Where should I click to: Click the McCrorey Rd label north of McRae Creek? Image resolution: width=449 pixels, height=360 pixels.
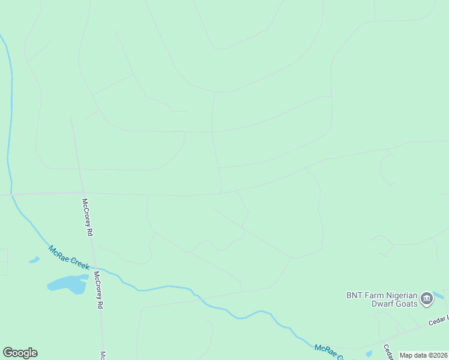coord(88,217)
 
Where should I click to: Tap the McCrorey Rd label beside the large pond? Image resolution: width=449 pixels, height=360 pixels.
coord(98,290)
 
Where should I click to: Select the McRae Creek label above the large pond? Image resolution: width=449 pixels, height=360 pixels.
coord(69,257)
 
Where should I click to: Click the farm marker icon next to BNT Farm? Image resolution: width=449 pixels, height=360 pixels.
coord(427,299)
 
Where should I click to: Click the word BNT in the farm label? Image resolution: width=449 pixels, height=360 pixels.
coord(355,295)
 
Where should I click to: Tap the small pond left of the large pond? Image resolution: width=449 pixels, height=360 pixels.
coord(34,260)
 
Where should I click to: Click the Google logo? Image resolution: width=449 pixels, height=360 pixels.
coord(20,353)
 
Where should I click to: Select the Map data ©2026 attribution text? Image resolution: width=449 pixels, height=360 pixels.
coord(423,355)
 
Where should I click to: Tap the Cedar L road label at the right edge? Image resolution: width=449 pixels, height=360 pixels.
coord(438,322)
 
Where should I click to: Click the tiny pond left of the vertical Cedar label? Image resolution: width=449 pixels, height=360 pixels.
coord(369,353)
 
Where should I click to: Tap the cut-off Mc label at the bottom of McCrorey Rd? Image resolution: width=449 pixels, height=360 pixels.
coord(103,355)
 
